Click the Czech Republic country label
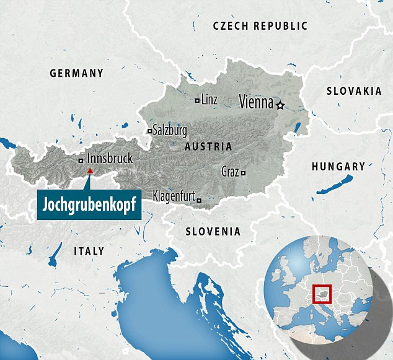(260, 26)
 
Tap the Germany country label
(77, 73)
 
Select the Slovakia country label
(354, 91)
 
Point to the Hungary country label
(338, 167)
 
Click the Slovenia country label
(213, 231)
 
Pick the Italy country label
(89, 251)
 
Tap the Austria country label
(208, 147)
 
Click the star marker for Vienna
(280, 105)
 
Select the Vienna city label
(256, 103)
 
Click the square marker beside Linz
(197, 100)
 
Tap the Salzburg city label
(170, 131)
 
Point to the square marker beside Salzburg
(149, 131)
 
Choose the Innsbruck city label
(110, 159)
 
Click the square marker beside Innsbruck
(81, 160)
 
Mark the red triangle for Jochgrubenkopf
(90, 170)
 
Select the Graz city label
(230, 172)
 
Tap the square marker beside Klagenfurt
(198, 200)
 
